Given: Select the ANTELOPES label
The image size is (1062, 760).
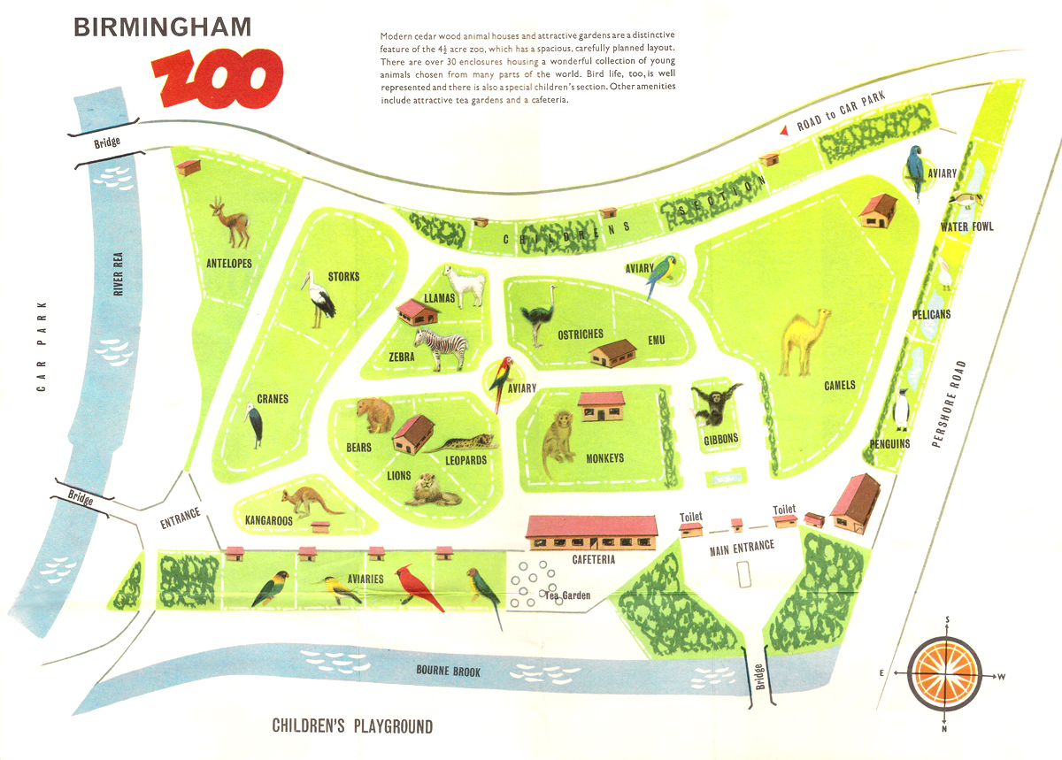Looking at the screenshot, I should [x=229, y=264].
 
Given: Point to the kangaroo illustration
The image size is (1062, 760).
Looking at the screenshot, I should [x=305, y=502].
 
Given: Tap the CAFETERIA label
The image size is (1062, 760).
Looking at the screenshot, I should [x=593, y=559].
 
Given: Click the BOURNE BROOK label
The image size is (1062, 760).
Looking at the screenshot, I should [x=449, y=672].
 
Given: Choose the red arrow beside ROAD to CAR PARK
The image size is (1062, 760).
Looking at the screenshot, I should [x=784, y=130].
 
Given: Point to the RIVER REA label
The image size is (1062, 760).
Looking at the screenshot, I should [x=119, y=272].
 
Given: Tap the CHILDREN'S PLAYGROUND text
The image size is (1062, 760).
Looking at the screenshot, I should [x=352, y=727].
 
